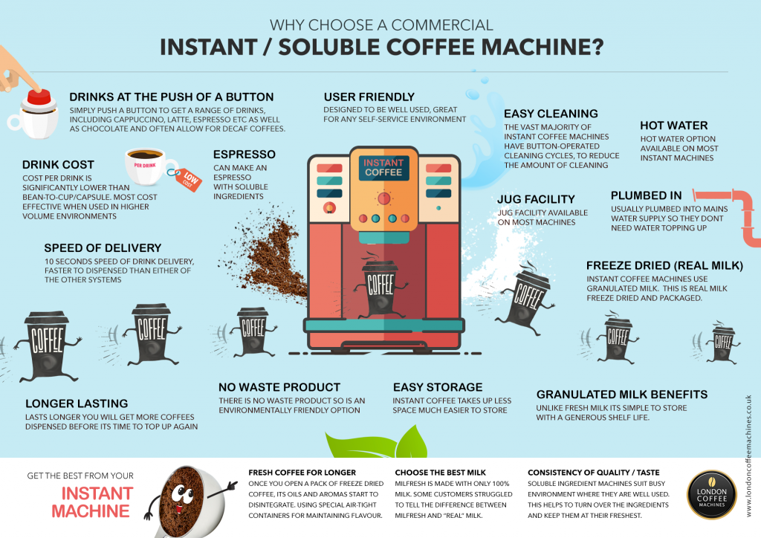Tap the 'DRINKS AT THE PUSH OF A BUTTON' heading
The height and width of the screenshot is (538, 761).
[x=171, y=97]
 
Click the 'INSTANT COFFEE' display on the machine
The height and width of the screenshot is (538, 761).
[x=383, y=168]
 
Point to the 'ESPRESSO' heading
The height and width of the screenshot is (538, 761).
[x=245, y=155]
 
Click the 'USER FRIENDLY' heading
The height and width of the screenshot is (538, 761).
[x=369, y=97]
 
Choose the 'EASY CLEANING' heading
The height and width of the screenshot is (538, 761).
[x=551, y=114]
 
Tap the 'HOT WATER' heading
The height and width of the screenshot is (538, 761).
[x=673, y=125]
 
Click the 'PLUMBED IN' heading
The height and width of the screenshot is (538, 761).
[x=646, y=195]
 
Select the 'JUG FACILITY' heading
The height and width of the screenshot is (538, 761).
[x=536, y=199]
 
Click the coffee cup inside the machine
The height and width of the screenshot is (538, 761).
[x=381, y=286]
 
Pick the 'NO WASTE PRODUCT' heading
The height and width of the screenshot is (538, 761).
[x=279, y=387]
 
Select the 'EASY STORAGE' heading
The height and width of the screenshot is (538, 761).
[x=437, y=387]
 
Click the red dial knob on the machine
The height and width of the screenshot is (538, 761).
[x=383, y=199]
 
